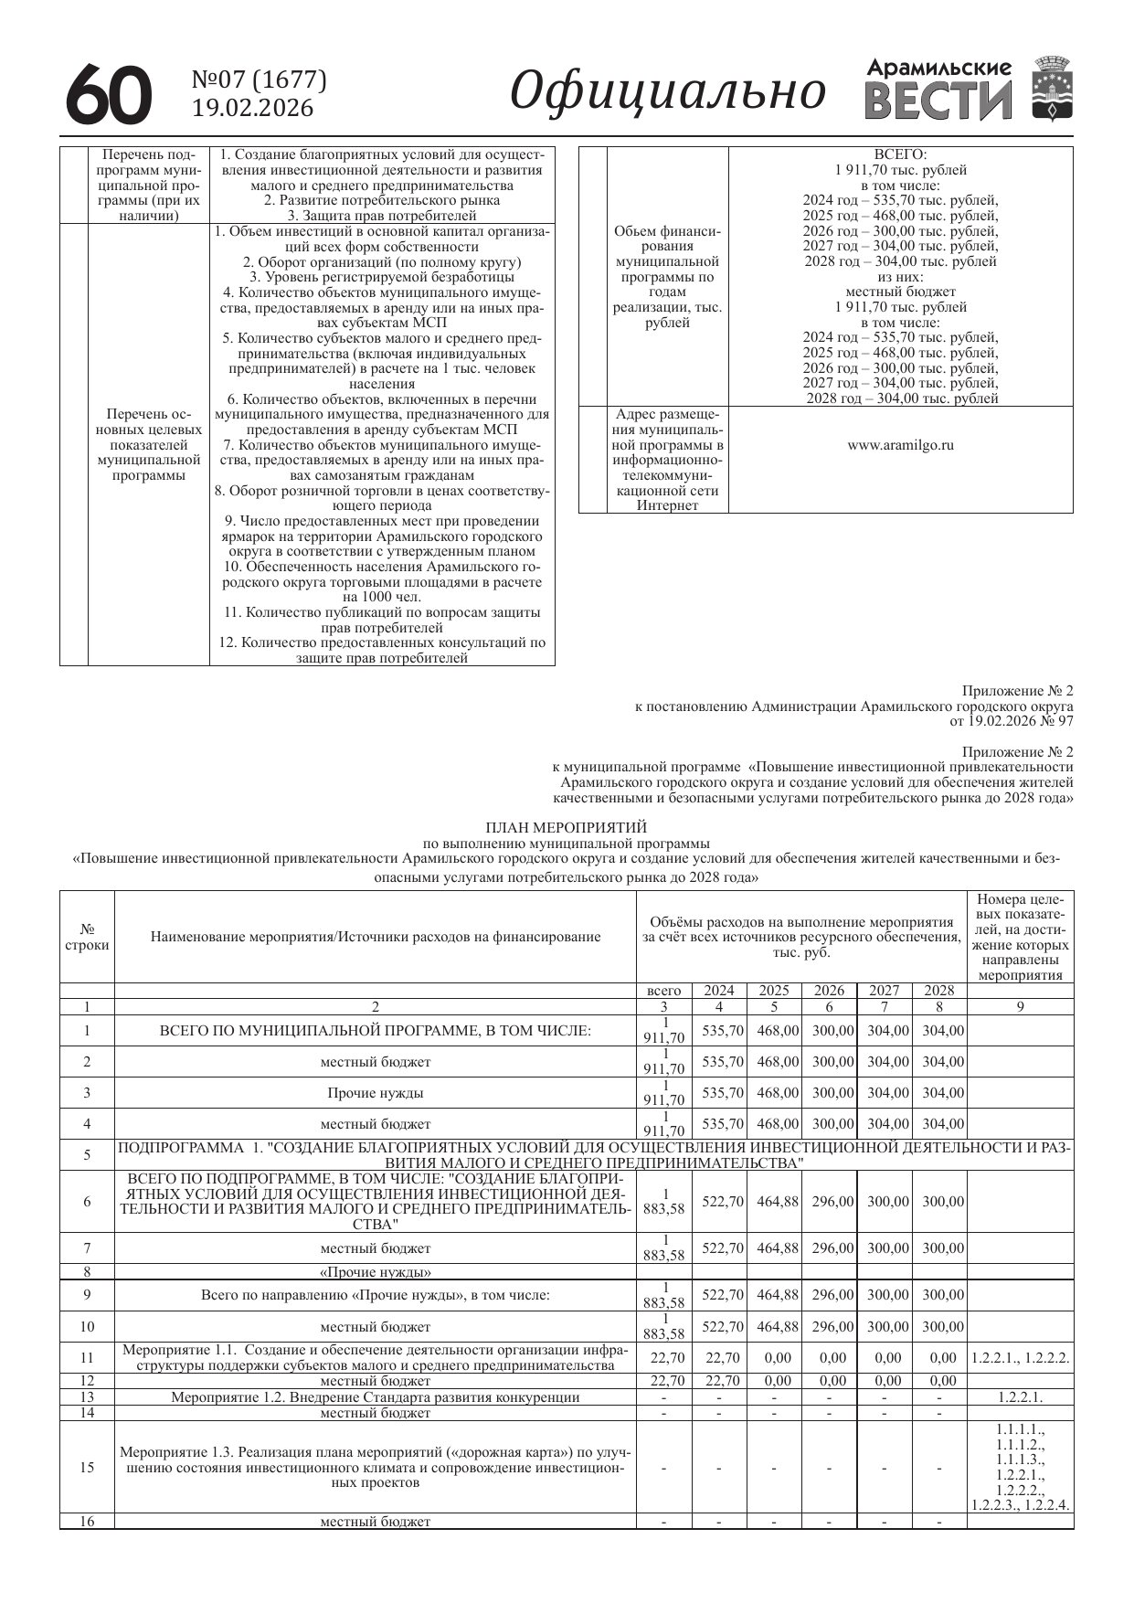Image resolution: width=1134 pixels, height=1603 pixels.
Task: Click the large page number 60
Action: (109, 94)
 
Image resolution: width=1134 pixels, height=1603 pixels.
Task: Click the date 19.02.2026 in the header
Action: (252, 109)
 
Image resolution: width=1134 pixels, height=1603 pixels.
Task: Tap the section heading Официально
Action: (668, 91)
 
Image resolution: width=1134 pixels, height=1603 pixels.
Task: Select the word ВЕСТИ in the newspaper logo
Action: (938, 101)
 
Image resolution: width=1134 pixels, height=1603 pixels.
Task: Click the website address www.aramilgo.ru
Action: (900, 445)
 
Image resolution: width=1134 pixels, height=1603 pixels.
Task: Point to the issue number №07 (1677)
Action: (259, 80)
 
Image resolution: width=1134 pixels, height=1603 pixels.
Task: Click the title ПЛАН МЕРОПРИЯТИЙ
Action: (567, 828)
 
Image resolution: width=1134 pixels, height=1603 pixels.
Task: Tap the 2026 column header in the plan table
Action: (829, 991)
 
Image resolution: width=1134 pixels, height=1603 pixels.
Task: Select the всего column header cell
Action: (663, 991)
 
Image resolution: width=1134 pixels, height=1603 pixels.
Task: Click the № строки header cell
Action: (87, 937)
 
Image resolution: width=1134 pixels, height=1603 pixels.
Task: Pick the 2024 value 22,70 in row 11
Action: (719, 1358)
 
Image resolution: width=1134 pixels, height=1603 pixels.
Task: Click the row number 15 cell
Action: (87, 1468)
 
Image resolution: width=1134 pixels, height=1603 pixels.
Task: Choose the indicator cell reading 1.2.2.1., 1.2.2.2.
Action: (1020, 1358)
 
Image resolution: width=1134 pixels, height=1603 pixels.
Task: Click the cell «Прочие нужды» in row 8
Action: (375, 1271)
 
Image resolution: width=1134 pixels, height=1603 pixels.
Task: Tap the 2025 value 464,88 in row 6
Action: (774, 1202)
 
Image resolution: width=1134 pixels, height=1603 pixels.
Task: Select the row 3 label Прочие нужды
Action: (375, 1093)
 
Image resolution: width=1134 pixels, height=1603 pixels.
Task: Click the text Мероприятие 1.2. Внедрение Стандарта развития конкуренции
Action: (375, 1396)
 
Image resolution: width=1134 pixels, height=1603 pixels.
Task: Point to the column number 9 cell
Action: (1020, 1007)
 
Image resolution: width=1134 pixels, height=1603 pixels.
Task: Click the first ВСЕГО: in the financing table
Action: (900, 154)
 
